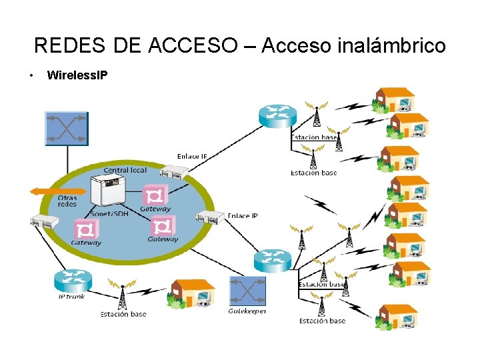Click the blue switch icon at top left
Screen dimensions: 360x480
[x=66, y=128]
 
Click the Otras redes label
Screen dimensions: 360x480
[x=67, y=201]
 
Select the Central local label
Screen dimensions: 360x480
[x=125, y=170]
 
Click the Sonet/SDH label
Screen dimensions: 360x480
[x=109, y=214]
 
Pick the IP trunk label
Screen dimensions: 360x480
[x=71, y=296]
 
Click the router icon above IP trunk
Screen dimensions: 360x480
[x=71, y=280]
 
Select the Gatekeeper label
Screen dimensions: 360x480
[x=247, y=311]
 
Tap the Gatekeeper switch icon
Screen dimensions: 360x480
[x=247, y=291]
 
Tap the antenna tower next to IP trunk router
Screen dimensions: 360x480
[x=122, y=296]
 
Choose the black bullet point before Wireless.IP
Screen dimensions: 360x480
[x=31, y=75]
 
